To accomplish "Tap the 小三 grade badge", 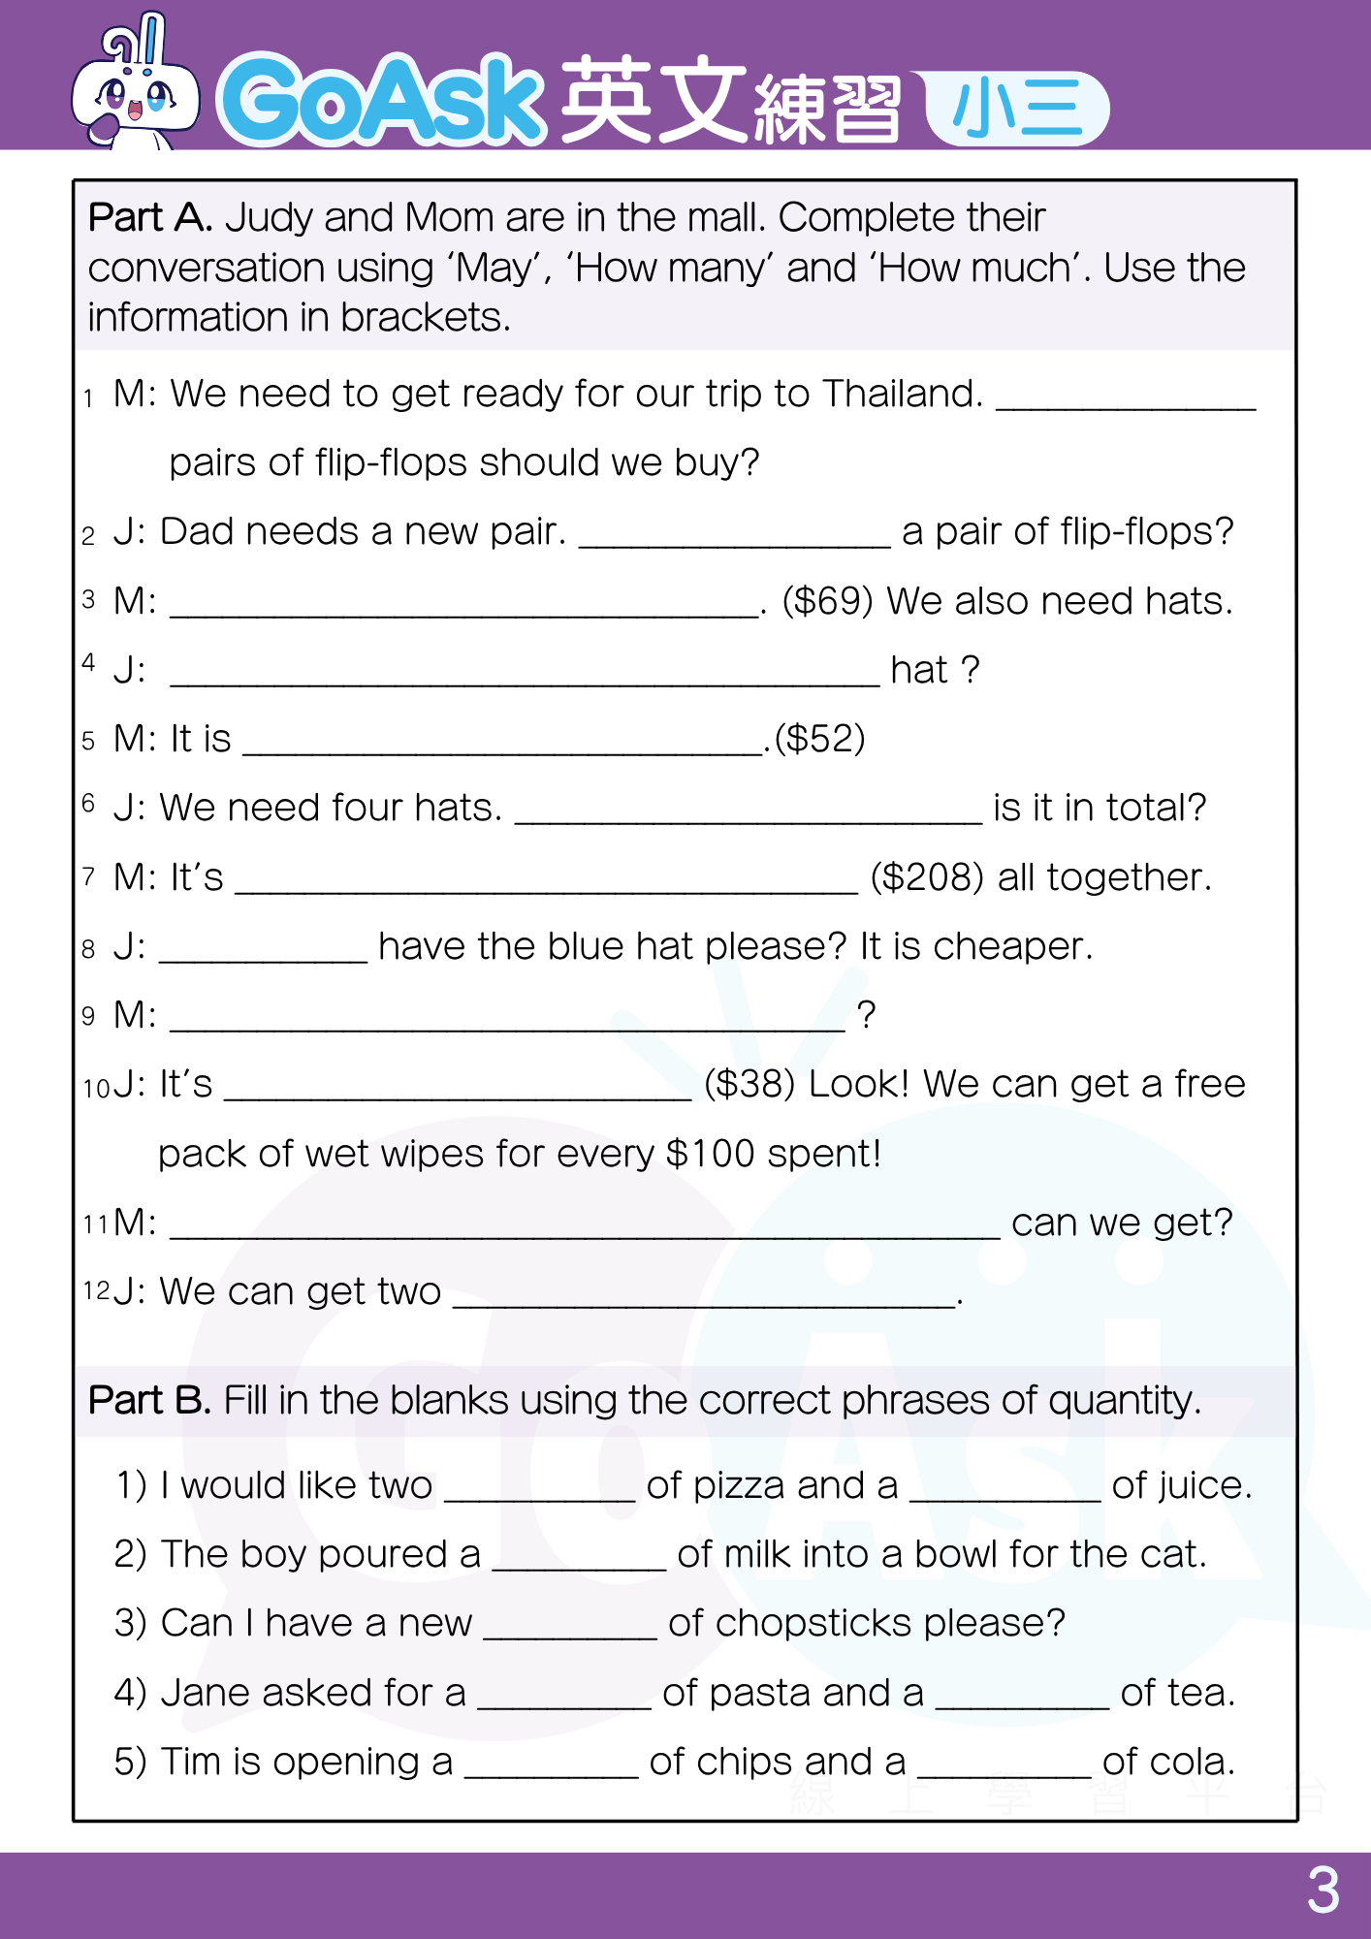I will [x=1016, y=108].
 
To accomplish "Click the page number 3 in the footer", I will [x=1323, y=1891].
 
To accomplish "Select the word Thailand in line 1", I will [x=902, y=394].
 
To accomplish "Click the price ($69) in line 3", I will [x=828, y=601].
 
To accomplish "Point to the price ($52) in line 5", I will [x=819, y=739].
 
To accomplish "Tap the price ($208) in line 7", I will [x=927, y=877].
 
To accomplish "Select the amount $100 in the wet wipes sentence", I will [x=710, y=1154].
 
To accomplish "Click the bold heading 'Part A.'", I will [x=150, y=217].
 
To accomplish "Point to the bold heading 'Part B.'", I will [x=149, y=1400].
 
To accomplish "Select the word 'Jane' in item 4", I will [x=204, y=1693].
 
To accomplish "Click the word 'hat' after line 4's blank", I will [x=918, y=670].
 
